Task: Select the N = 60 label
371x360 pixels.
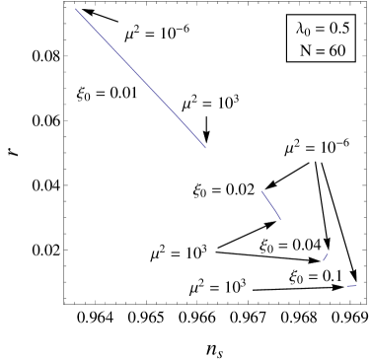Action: pyautogui.click(x=323, y=50)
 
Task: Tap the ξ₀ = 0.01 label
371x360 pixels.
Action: pyautogui.click(x=109, y=95)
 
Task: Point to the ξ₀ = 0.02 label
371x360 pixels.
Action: pyautogui.click(x=224, y=189)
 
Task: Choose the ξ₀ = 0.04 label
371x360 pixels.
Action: pyautogui.click(x=291, y=246)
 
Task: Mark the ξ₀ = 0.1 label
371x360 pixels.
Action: pyautogui.click(x=316, y=276)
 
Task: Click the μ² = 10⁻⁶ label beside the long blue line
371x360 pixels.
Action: pyautogui.click(x=157, y=34)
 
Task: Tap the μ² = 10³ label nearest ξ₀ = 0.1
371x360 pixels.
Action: pyautogui.click(x=218, y=287)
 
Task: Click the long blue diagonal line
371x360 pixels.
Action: pyautogui.click(x=138, y=77)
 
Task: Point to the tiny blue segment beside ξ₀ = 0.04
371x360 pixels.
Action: pyautogui.click(x=325, y=257)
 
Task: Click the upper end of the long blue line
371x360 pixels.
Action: pyautogui.click(x=77, y=11)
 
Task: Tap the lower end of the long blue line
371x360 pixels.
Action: pyautogui.click(x=205, y=148)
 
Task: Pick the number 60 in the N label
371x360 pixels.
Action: pyautogui.click(x=335, y=50)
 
